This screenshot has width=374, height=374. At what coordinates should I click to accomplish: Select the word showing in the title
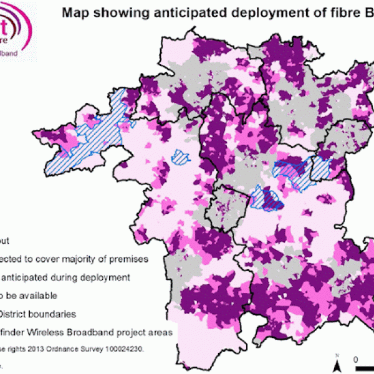115,10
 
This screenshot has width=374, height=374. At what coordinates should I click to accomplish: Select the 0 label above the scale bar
355,360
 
